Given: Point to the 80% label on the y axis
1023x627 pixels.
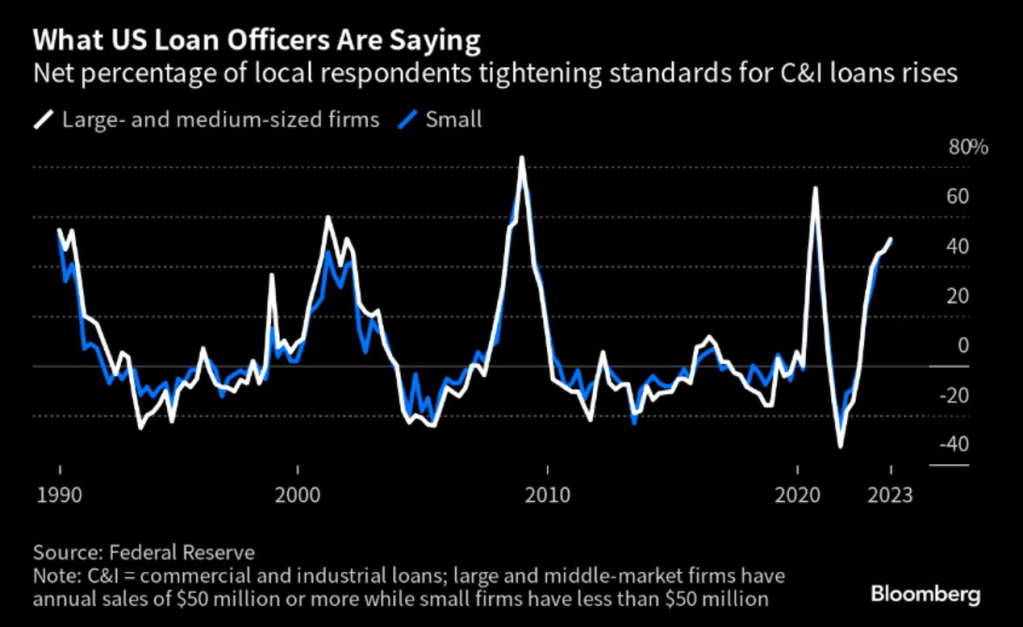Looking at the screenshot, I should tap(967, 147).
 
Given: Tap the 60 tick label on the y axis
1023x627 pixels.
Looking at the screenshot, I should tap(957, 196).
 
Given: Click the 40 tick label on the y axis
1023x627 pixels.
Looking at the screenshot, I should tap(957, 246).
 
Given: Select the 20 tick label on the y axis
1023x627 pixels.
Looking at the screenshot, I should tap(957, 296).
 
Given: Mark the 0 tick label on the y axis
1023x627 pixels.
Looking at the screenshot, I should tap(962, 346).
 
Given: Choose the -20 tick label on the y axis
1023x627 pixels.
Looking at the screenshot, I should tap(954, 396).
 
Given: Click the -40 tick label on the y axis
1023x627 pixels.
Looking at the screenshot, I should tap(954, 445).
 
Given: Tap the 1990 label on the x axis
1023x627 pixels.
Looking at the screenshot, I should tap(60, 494).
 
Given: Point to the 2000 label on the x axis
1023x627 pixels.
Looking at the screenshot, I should tap(298, 494).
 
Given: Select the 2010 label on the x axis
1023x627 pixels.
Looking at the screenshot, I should tap(548, 494).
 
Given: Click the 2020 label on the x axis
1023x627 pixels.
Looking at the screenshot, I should tap(798, 494).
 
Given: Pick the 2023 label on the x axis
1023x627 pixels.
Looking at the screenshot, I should tap(890, 494).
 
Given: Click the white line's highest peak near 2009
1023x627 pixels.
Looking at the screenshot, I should tap(522, 157).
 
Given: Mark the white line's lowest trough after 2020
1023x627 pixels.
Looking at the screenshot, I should tap(840, 446).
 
